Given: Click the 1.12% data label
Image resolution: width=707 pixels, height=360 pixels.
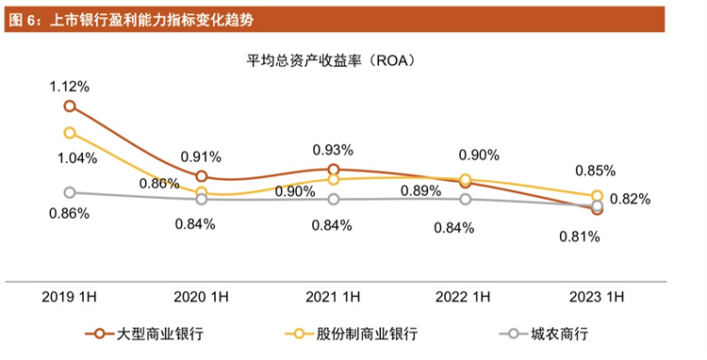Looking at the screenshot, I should pos(70,86).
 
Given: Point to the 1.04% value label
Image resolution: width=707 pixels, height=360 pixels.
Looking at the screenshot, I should pos(70,157).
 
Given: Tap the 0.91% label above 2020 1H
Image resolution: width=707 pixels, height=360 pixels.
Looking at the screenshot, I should pos(201,155).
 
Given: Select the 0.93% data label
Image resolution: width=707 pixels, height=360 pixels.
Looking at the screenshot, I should pos(333,149).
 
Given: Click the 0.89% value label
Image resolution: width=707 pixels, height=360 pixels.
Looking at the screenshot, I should pos(421,190).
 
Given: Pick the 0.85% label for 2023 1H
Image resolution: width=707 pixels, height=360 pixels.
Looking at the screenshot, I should pos(596,171).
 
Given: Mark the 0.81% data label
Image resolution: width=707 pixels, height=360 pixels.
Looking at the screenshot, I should pos(580,237).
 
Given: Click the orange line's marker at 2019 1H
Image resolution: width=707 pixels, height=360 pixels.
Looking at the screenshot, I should pos(70,106).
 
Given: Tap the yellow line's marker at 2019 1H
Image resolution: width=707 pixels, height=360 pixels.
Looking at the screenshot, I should pos(70,133).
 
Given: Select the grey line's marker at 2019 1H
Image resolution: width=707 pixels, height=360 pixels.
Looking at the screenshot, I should pos(70,192).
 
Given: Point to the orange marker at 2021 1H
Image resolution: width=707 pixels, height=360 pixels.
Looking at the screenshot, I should pos(333,170).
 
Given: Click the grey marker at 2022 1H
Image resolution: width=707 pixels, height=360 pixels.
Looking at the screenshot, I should pos(465,199).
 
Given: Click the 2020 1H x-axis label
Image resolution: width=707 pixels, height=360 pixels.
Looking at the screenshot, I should pos(201,298).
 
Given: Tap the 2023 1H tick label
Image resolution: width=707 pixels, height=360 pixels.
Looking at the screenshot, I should pos(597,298).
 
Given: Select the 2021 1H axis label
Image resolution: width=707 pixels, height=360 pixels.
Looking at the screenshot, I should pos(333,298).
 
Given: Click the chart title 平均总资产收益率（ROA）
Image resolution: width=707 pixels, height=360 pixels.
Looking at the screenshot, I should pos(332,61).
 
